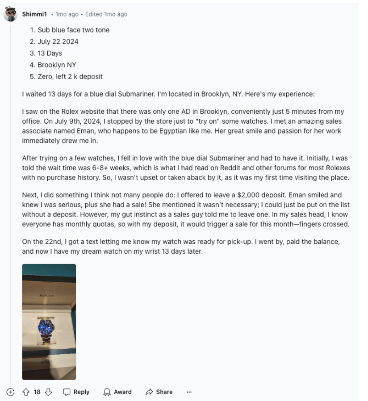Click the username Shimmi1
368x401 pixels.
(x=34, y=14)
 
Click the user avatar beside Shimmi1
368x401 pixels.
(x=10, y=14)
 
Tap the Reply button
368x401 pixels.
(x=76, y=392)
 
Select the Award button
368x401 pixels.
(x=117, y=392)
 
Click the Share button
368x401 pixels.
(x=159, y=392)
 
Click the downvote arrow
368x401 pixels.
(x=48, y=392)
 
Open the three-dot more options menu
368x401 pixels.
(x=189, y=392)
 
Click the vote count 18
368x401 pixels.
(x=37, y=392)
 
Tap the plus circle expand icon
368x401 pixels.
(x=10, y=392)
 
